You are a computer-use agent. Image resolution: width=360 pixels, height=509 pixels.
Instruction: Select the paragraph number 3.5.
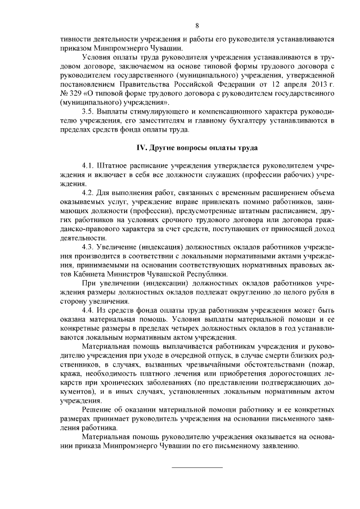click(x=88, y=112)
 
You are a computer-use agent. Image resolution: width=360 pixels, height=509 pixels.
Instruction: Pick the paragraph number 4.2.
click(x=88, y=193)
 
